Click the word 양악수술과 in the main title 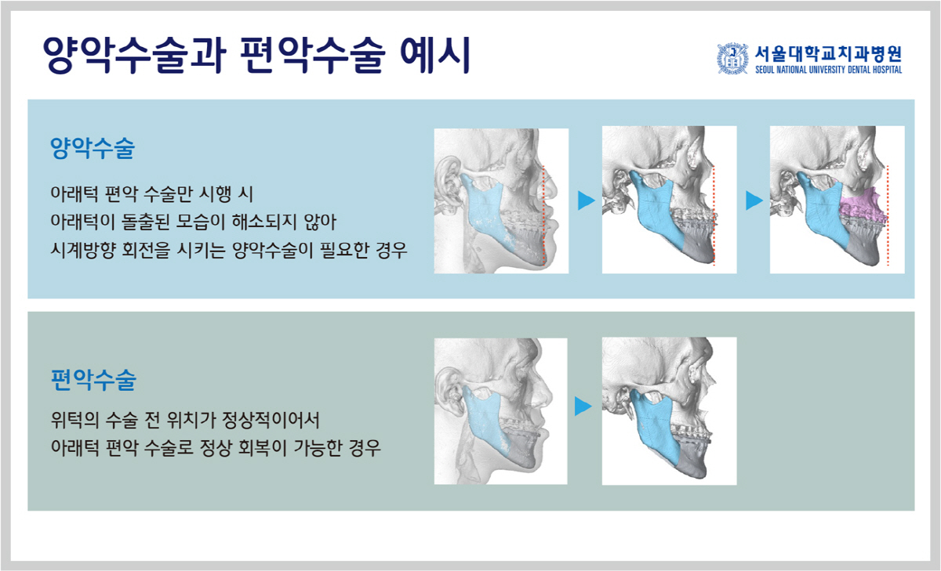point(134,56)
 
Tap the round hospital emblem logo point(732,58)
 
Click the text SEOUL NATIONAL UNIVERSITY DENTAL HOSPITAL point(828,70)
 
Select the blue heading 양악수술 point(93,148)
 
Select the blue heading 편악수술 point(93,380)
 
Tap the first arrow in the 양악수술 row point(587,201)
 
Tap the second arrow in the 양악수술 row point(754,201)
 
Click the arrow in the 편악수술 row point(583,406)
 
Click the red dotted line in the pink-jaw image point(888,215)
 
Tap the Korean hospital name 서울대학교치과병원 point(828,54)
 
